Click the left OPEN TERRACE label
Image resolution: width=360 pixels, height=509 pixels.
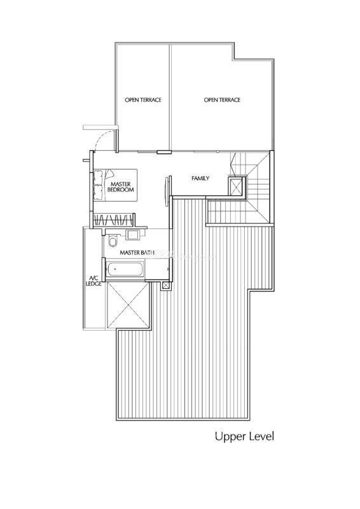[x=143, y=100]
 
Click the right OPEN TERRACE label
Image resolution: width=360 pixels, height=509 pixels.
[x=222, y=100]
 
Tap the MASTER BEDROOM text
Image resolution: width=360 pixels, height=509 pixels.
[x=120, y=186]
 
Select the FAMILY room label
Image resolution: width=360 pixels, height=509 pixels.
[x=200, y=178]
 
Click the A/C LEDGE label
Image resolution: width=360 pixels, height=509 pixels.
[x=93, y=281]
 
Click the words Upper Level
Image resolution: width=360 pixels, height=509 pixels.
[x=244, y=436]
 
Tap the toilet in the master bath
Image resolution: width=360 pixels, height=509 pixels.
[x=113, y=241]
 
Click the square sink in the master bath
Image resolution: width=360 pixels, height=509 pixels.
[x=132, y=234]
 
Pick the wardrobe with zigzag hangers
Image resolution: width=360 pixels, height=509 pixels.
[x=114, y=220]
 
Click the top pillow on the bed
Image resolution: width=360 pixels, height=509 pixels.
[x=98, y=178]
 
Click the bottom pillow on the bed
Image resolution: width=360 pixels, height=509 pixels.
[x=98, y=192]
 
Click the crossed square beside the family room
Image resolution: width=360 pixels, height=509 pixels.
[x=235, y=186]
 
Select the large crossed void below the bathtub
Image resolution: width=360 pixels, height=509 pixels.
[x=128, y=305]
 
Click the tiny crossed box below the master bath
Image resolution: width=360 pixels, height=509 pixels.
[x=166, y=286]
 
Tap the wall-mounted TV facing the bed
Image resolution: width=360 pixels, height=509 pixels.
[x=168, y=191]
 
